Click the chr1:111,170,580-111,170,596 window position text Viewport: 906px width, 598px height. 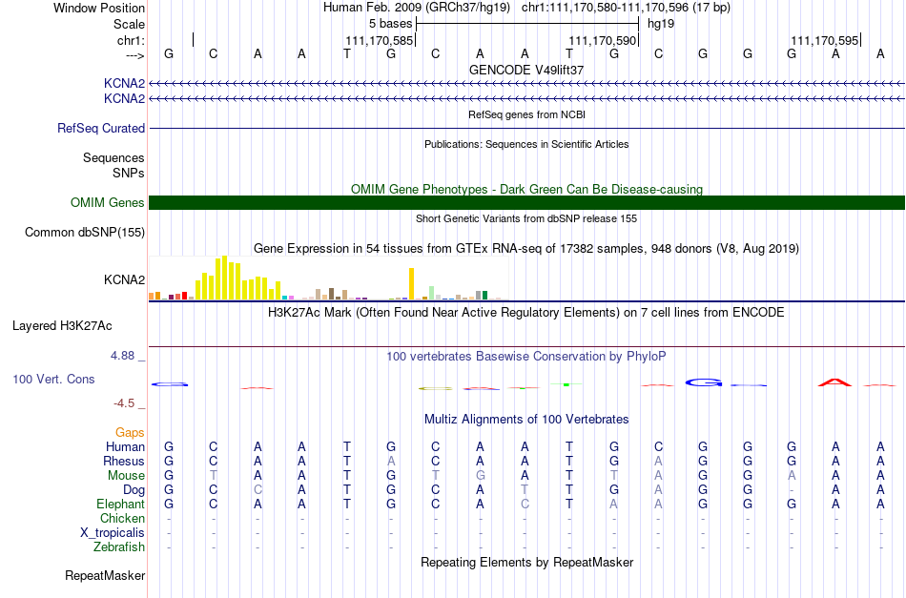click(626, 8)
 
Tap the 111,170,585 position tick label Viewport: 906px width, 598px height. click(379, 40)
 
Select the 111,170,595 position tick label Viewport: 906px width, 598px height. click(825, 40)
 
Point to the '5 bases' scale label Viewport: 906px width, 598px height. click(391, 24)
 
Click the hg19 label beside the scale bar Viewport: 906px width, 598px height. click(661, 24)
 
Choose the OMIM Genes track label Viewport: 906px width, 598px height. click(108, 203)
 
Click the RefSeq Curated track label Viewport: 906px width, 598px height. click(101, 128)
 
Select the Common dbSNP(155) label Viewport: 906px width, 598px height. click(85, 233)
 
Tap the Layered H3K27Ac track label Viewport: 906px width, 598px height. click(62, 326)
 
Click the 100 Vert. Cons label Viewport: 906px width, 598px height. click(53, 379)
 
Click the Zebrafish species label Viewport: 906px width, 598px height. click(119, 547)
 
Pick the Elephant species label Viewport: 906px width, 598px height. click(121, 505)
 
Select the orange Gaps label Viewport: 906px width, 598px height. click(130, 433)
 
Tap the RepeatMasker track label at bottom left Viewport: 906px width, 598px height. click(105, 575)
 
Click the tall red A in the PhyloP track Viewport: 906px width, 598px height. click(834, 381)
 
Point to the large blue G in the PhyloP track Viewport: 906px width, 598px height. click(703, 381)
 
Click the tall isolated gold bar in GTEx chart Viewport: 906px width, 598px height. click(411, 283)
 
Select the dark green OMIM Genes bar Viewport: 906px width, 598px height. click(527, 203)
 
